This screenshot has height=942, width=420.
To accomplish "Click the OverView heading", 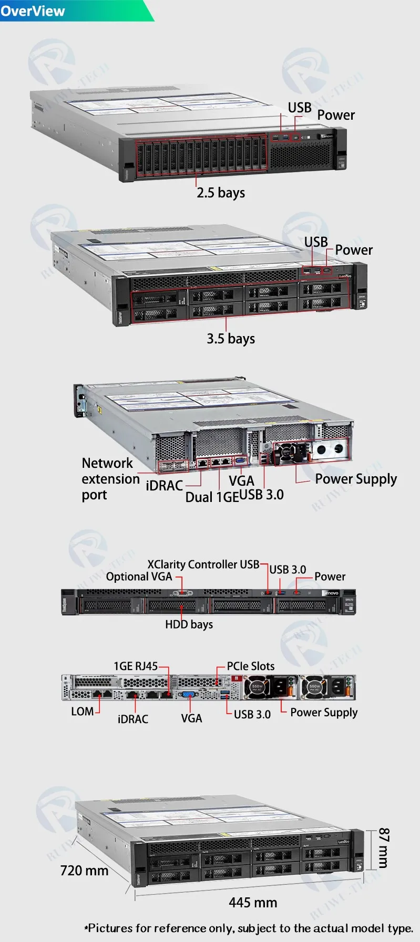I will pos(33,11).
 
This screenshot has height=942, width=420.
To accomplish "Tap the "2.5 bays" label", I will pos(221,193).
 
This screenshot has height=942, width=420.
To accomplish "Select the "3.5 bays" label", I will pos(231,339).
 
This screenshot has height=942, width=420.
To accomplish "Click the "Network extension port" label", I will pos(110,479).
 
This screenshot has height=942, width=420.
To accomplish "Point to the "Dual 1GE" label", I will pos(211,497).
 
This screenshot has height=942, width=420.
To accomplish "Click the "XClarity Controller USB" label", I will pos(203,564).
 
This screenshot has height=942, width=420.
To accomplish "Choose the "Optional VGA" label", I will pos(139,577).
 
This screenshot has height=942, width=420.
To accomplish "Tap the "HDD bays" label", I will pos(189,624).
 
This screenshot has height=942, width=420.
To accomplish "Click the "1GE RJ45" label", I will pos(136,666).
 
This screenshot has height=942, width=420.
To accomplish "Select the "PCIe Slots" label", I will pos(251,666).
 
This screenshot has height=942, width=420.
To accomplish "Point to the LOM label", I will pos(82,711).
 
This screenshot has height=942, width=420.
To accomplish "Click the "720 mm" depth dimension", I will pos(84,871).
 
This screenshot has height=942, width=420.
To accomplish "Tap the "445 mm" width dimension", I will pos(253,903).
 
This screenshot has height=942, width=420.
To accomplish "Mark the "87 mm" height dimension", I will pos(384,847).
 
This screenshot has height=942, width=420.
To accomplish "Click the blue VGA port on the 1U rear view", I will pos(188,695).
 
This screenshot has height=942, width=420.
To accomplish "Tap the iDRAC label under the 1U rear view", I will pos(133,719).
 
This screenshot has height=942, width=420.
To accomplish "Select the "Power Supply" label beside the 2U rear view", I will pos(356,479).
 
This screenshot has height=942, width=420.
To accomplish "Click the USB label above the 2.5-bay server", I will pos(300,108).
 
